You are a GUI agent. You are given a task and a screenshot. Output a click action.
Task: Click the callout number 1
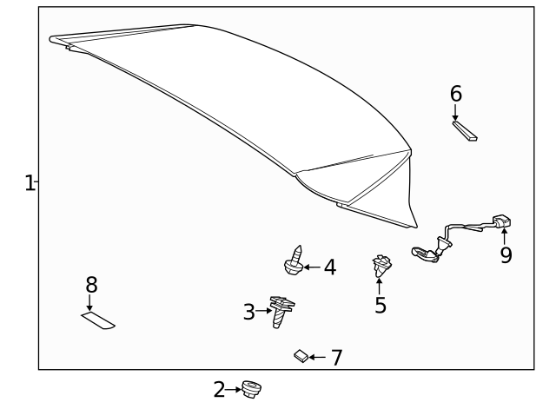[x=30, y=182]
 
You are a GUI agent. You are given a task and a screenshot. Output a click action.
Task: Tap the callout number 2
[x=219, y=389]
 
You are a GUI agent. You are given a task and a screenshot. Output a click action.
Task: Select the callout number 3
[x=249, y=312]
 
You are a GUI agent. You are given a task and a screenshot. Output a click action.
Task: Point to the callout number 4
[x=329, y=267]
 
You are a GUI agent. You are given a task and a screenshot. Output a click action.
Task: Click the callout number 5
[x=381, y=305]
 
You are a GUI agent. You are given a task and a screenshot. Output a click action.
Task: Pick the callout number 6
[x=456, y=93]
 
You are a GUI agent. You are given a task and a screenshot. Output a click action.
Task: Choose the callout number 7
[x=335, y=357]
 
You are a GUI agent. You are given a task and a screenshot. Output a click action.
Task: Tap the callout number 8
[x=91, y=284]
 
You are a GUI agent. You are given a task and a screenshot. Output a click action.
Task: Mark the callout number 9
[x=506, y=254]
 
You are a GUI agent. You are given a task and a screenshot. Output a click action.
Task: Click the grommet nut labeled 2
[x=252, y=390]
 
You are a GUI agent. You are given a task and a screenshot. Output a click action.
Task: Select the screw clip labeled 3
[x=281, y=310]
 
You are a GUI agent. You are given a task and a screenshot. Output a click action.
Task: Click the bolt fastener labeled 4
[x=295, y=261]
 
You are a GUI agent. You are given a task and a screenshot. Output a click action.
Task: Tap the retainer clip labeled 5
[x=381, y=267]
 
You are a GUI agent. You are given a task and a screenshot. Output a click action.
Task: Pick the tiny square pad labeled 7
[x=300, y=355]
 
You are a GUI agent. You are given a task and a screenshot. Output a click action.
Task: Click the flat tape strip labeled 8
[x=98, y=320]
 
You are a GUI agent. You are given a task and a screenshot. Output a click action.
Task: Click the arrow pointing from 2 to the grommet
[x=233, y=390]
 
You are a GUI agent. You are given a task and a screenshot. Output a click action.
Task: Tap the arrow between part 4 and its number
[x=312, y=267]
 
